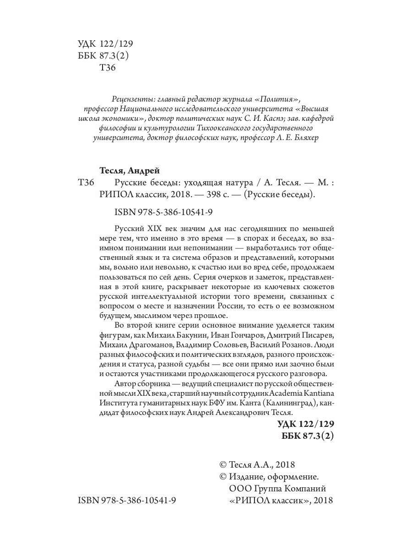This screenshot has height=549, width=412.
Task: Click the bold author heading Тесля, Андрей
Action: tap(129, 171)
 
